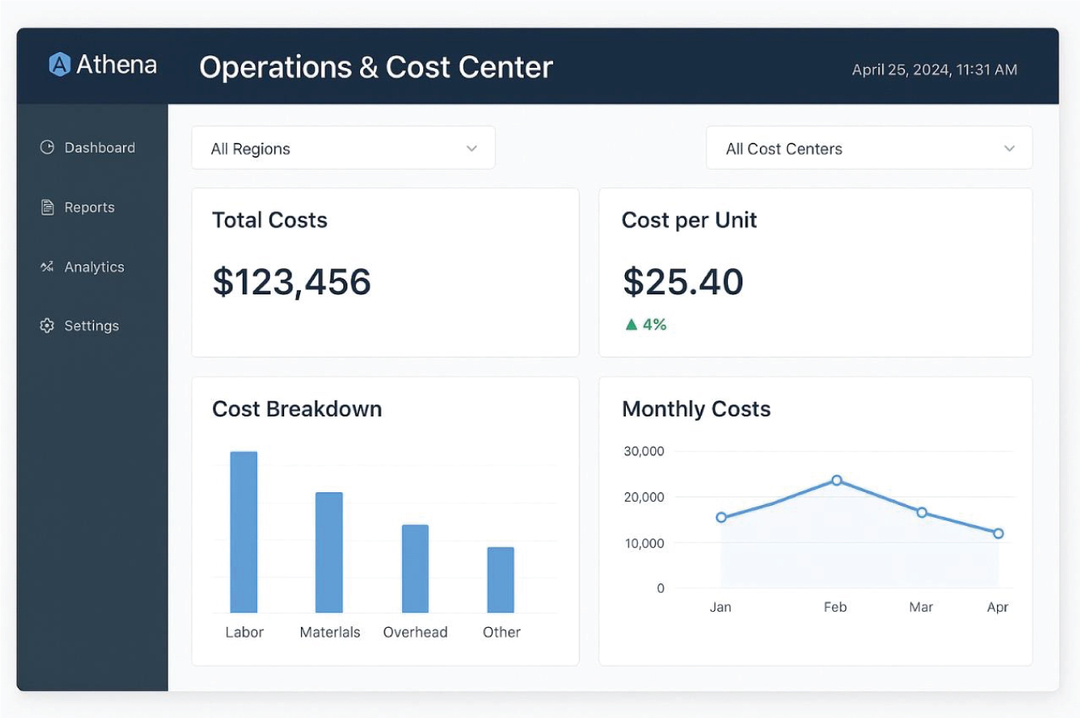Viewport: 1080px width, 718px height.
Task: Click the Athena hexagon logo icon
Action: pyautogui.click(x=60, y=64)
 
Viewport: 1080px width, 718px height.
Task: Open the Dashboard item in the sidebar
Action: pyautogui.click(x=87, y=148)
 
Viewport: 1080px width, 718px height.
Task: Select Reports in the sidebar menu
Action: pyautogui.click(x=77, y=207)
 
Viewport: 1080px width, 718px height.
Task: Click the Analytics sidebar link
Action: pyautogui.click(x=82, y=266)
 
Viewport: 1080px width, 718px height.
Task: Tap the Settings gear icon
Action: pyautogui.click(x=47, y=325)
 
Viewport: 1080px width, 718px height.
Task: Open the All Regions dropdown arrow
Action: pyautogui.click(x=472, y=148)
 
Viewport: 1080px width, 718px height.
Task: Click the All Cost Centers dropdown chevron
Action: pyautogui.click(x=1009, y=148)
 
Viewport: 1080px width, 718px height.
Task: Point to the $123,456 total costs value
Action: pyautogui.click(x=291, y=282)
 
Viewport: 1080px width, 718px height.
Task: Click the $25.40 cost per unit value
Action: pyautogui.click(x=683, y=282)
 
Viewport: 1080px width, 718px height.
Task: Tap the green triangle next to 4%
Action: pyautogui.click(x=631, y=325)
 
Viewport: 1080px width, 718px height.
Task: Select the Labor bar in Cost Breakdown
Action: pyautogui.click(x=243, y=532)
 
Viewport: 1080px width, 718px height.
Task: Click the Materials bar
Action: pyautogui.click(x=329, y=552)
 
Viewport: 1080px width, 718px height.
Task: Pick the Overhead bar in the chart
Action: pyautogui.click(x=415, y=569)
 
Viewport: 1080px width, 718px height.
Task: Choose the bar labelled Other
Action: pyautogui.click(x=500, y=580)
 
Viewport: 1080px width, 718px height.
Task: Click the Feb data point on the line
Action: pyautogui.click(x=837, y=480)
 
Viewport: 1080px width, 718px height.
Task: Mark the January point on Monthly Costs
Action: pyautogui.click(x=722, y=518)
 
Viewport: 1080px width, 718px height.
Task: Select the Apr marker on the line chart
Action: pyautogui.click(x=999, y=534)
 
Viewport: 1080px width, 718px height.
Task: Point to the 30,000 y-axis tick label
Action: pyautogui.click(x=643, y=452)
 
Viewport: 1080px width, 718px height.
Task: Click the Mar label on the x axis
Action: pyautogui.click(x=921, y=607)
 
